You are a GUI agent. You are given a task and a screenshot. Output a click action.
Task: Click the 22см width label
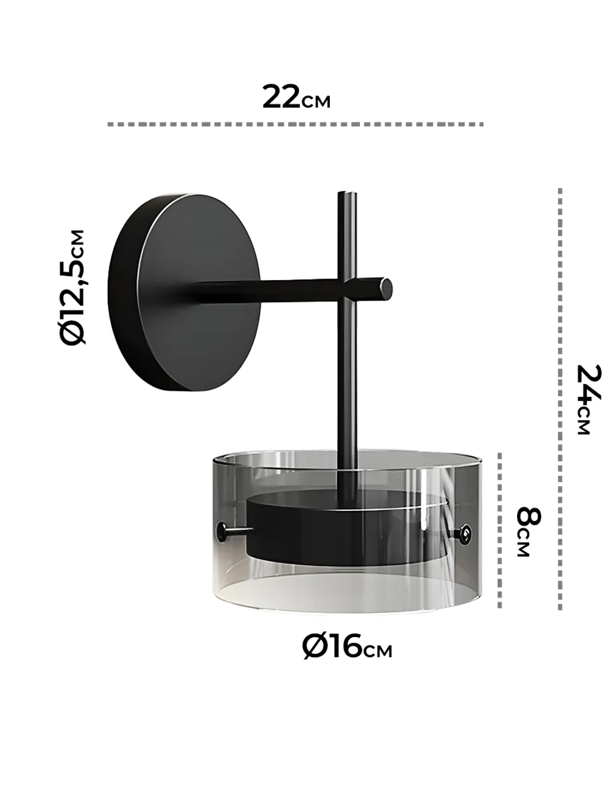pyautogui.click(x=297, y=97)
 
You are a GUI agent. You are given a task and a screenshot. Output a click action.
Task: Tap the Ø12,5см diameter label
pyautogui.click(x=73, y=287)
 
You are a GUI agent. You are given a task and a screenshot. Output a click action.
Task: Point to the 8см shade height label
pyautogui.click(x=528, y=532)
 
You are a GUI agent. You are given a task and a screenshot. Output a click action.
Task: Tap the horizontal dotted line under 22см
pyautogui.click(x=295, y=124)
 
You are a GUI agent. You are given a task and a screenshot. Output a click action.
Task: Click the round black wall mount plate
pyautogui.click(x=184, y=293)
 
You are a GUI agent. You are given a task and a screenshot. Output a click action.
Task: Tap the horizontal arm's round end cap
pyautogui.click(x=386, y=287)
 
